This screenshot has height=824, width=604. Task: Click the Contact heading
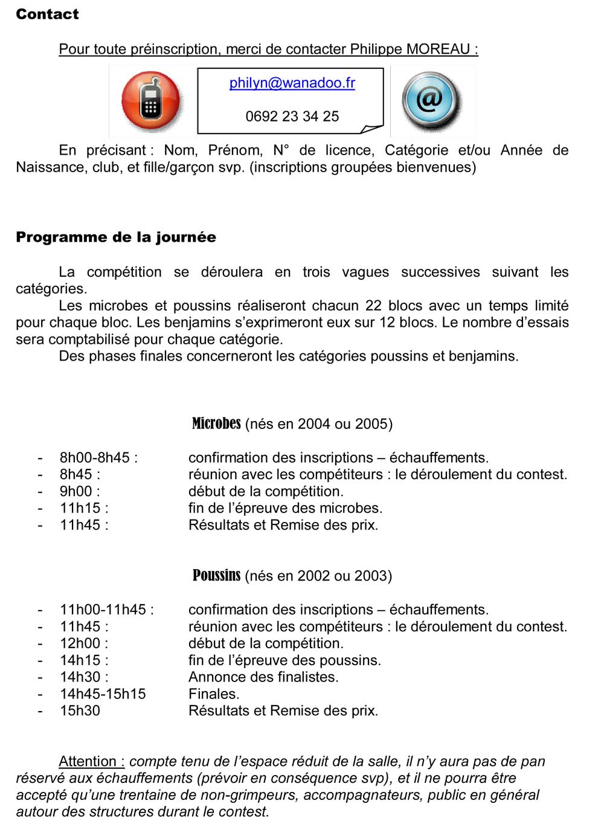coord(47,14)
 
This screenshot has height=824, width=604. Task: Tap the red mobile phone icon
coord(151,100)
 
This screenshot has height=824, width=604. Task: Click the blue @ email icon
coord(430,100)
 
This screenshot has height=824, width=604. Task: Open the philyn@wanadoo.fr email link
coord(292,83)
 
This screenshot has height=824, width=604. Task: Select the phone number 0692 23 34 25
coord(292,116)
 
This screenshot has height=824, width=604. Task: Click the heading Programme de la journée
coord(115,237)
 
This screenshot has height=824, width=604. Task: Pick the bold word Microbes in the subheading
coord(216,423)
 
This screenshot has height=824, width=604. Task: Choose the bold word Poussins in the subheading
coord(216,575)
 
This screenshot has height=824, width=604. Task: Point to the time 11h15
coord(80,508)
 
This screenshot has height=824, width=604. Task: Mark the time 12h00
coord(80,643)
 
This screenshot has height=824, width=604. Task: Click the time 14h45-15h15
coord(103,694)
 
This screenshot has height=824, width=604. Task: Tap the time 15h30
coord(80,711)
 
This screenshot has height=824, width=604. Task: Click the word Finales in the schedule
coord(213,694)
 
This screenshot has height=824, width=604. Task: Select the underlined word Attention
coord(88,761)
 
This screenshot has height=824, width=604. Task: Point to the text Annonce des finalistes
coord(263,677)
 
